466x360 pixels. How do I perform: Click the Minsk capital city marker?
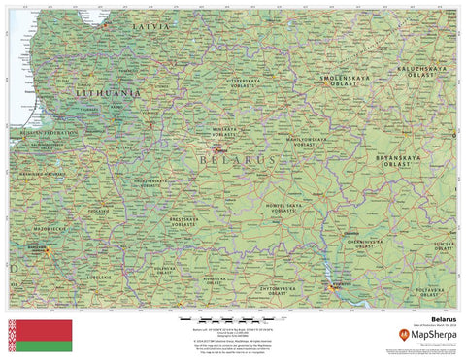point(219,149)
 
